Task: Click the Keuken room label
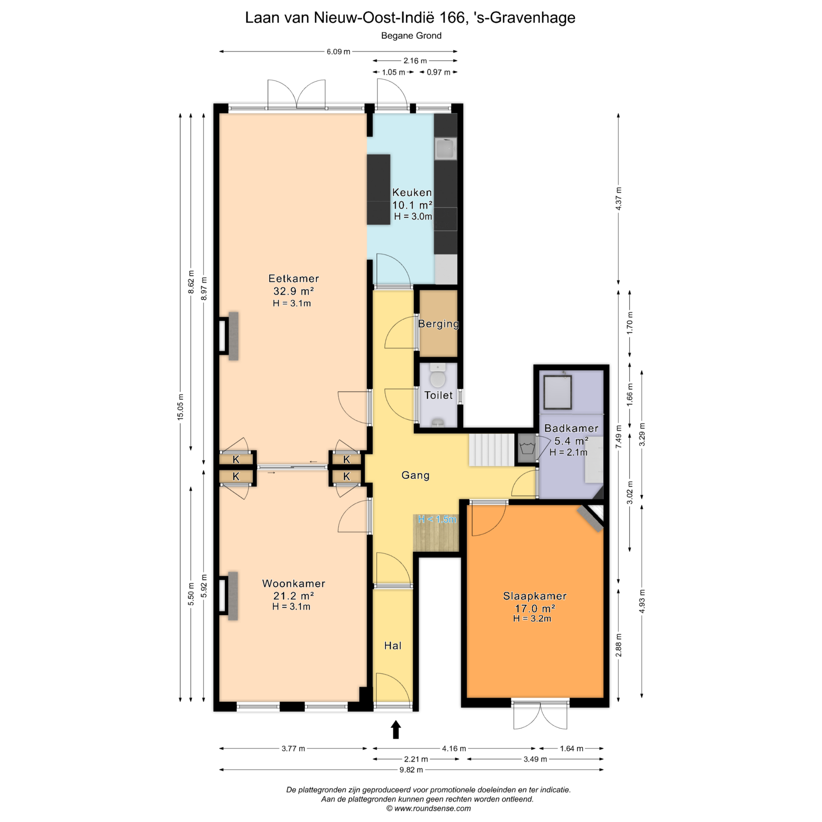[x=412, y=192]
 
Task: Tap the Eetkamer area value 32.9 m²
[x=294, y=291]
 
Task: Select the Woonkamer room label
[x=294, y=583]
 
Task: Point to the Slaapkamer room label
[x=535, y=596]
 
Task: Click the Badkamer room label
[x=571, y=428]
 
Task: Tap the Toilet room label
[x=438, y=395]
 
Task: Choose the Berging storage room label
[x=438, y=324]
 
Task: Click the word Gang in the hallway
[x=415, y=475]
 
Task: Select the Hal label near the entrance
[x=393, y=646]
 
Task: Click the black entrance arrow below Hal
[x=396, y=730]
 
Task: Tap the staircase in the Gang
[x=491, y=450]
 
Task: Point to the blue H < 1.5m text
[x=437, y=520]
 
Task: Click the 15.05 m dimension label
[x=180, y=407]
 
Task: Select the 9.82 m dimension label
[x=411, y=782]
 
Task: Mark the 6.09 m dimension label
[x=338, y=52]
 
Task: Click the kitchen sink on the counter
[x=446, y=149]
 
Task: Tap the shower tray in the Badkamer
[x=557, y=392]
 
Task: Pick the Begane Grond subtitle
[x=411, y=36]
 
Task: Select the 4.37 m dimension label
[x=618, y=199]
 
